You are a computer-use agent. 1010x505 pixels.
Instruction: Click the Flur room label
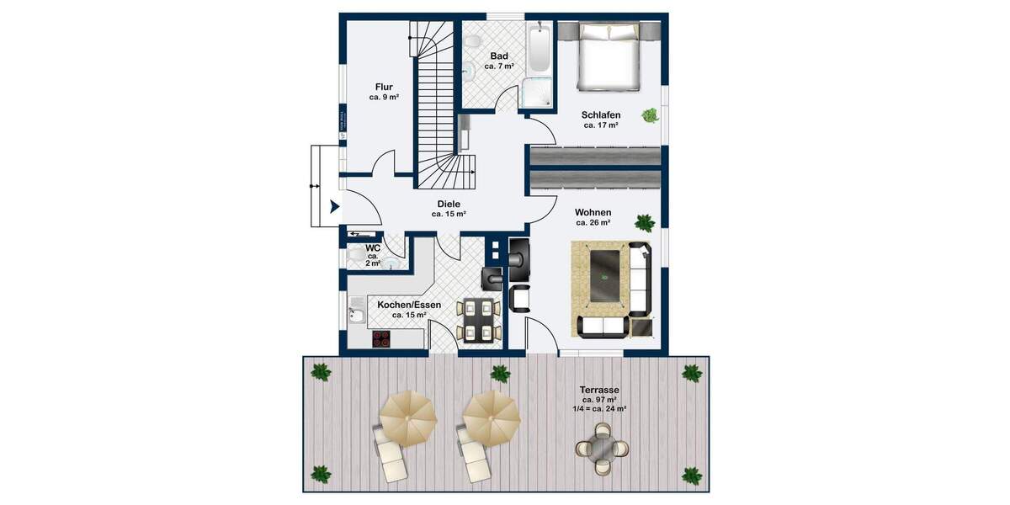pos(383,86)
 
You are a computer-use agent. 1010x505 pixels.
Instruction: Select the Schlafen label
pos(601,114)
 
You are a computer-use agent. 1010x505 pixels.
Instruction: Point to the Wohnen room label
pos(593,212)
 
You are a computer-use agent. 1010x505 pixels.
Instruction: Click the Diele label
pos(449,204)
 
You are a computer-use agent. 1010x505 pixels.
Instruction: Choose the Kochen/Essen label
pos(408,305)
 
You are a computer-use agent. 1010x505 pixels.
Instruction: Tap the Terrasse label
pos(599,390)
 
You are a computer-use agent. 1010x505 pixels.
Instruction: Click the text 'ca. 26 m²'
pos(593,223)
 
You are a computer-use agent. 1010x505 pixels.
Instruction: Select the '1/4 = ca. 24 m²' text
pos(599,408)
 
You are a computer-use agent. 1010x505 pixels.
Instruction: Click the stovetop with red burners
pos(382,338)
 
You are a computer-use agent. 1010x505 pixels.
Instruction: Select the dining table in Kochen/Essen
pos(477,319)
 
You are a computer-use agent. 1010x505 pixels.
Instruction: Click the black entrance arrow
pos(334,205)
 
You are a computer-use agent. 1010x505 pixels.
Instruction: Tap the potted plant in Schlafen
pos(650,115)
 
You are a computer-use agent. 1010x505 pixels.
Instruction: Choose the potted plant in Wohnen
pos(645,223)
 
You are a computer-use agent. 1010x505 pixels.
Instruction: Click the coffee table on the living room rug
pos(607,276)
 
